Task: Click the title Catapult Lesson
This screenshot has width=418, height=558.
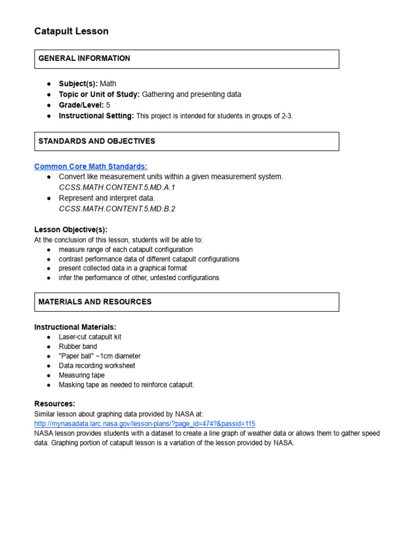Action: tap(71, 32)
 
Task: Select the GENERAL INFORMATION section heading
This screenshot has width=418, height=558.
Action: tap(84, 58)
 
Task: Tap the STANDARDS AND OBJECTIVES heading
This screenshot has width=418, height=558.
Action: tap(97, 141)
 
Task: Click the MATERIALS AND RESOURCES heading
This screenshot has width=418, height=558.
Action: tap(95, 302)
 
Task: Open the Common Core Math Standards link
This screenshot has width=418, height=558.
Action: tap(91, 166)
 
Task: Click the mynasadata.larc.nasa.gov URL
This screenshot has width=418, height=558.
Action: tap(144, 423)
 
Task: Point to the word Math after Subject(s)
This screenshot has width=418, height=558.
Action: tap(108, 84)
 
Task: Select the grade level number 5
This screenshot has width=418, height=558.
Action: tap(108, 105)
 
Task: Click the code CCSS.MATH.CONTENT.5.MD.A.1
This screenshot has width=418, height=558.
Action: tap(117, 187)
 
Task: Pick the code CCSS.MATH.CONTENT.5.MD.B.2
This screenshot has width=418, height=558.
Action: tap(117, 208)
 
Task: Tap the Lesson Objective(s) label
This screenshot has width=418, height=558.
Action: tap(71, 230)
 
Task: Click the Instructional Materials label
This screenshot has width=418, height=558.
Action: tap(75, 327)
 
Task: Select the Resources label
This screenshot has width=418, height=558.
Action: tap(54, 404)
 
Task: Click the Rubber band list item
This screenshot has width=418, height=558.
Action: tap(78, 347)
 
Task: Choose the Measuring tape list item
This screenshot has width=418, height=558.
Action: tap(82, 375)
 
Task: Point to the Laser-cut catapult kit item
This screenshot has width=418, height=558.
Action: tap(90, 337)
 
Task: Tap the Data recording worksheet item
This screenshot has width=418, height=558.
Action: tap(97, 366)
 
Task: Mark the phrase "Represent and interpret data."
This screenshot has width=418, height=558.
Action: tap(107, 198)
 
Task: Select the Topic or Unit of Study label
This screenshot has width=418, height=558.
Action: tap(99, 94)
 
